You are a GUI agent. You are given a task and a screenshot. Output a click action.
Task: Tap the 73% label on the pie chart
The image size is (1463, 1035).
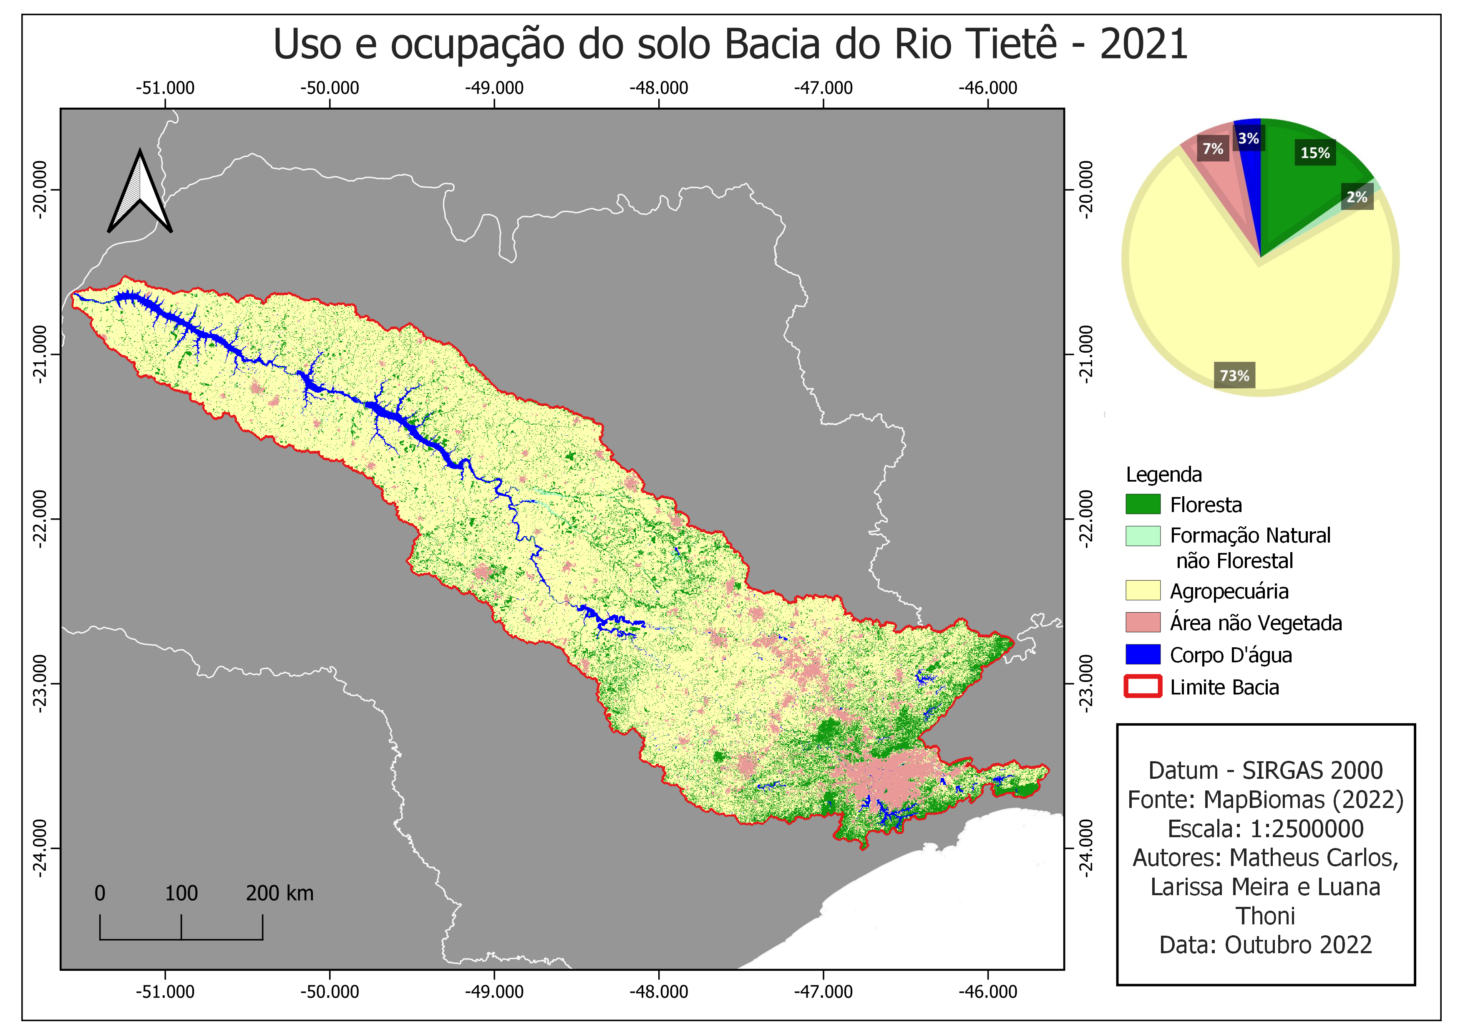(x=1234, y=376)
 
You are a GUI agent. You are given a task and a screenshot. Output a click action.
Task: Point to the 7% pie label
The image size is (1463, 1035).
(x=1213, y=149)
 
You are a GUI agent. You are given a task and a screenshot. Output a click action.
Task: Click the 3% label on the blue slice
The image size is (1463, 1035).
(x=1248, y=138)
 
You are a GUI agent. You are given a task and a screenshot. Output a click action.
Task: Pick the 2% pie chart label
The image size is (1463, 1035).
(x=1357, y=197)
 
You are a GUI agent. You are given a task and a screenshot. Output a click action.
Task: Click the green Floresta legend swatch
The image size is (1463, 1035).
(x=1143, y=505)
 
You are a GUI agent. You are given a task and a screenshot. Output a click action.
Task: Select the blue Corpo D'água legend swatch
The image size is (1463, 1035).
(x=1143, y=654)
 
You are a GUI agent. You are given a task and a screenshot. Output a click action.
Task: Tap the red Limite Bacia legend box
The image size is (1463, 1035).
(x=1143, y=687)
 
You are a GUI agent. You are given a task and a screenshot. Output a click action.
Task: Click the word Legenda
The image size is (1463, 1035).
(x=1163, y=475)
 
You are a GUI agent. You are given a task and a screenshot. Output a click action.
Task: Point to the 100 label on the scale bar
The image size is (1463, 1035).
(x=181, y=894)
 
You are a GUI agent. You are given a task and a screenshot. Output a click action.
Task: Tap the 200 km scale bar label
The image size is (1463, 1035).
(x=280, y=894)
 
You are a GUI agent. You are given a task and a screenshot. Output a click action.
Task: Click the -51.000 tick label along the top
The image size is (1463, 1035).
(x=165, y=88)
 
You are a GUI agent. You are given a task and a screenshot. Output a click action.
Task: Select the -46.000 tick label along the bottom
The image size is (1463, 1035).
(x=988, y=992)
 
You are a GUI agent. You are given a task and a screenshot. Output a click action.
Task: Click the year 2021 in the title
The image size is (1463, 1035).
(x=1144, y=45)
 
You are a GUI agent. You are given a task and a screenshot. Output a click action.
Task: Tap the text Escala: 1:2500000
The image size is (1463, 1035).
(x=1265, y=828)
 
